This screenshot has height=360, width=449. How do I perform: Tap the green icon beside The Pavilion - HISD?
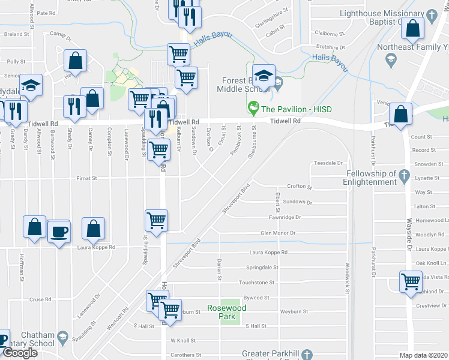(x=253, y=109)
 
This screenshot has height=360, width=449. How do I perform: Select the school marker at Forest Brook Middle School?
(x=264, y=76)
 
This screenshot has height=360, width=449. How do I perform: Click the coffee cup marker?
(x=59, y=232)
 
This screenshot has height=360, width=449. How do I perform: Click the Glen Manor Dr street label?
(x=278, y=233)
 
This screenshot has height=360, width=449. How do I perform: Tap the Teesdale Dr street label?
(x=328, y=163)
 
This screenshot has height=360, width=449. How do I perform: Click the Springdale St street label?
(x=262, y=268)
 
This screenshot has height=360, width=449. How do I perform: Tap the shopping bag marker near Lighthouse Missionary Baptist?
(x=413, y=28)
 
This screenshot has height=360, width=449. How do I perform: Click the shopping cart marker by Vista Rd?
(x=411, y=281)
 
